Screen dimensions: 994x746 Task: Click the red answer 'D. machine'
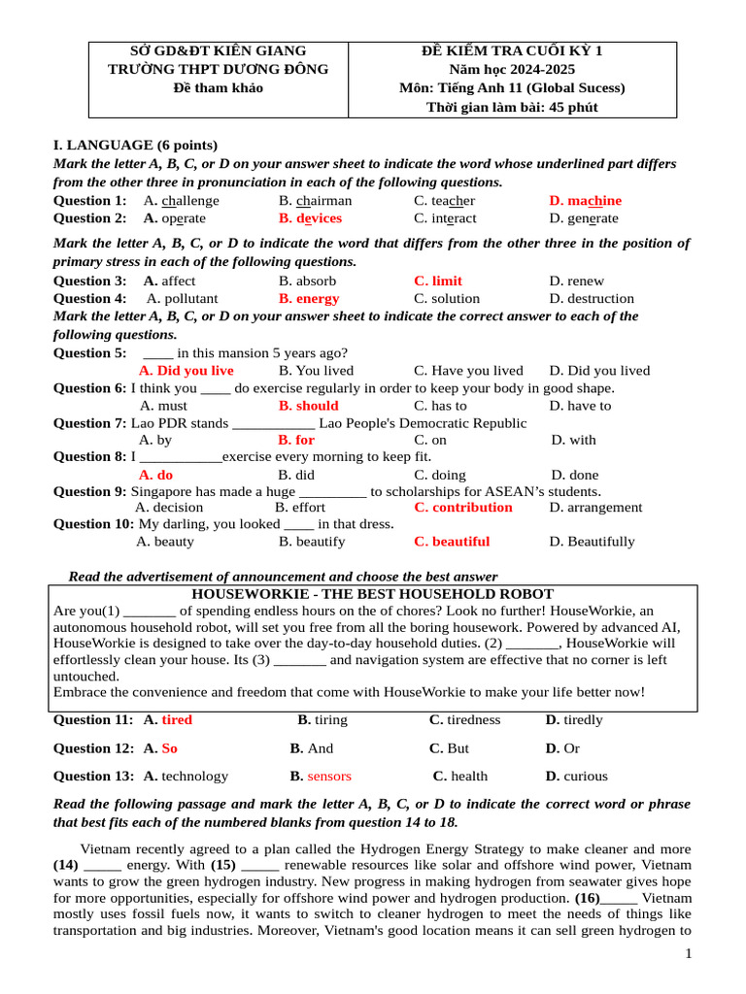tap(585, 201)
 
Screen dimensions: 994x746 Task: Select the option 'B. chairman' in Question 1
tap(315, 201)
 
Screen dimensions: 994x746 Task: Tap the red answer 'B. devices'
tap(310, 218)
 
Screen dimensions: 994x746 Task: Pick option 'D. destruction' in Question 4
tap(592, 299)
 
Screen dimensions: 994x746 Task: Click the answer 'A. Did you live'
tap(186, 371)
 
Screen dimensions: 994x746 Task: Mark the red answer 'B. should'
tap(308, 406)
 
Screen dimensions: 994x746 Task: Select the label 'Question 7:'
tap(89, 423)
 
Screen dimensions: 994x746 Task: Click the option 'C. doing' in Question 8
tap(440, 476)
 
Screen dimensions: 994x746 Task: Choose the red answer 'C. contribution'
tap(463, 508)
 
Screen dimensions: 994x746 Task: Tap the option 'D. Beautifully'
tap(592, 542)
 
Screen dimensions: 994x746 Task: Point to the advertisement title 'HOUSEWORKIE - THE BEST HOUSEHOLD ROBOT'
tap(373, 594)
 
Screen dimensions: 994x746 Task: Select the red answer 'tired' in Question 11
tap(177, 720)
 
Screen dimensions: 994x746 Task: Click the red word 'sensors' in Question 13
tap(329, 777)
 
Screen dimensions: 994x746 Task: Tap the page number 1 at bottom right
tap(689, 954)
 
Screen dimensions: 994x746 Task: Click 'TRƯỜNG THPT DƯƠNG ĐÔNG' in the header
tap(218, 69)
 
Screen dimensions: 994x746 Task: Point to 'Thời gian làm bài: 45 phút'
tap(512, 107)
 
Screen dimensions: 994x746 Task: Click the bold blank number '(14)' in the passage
tap(66, 865)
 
